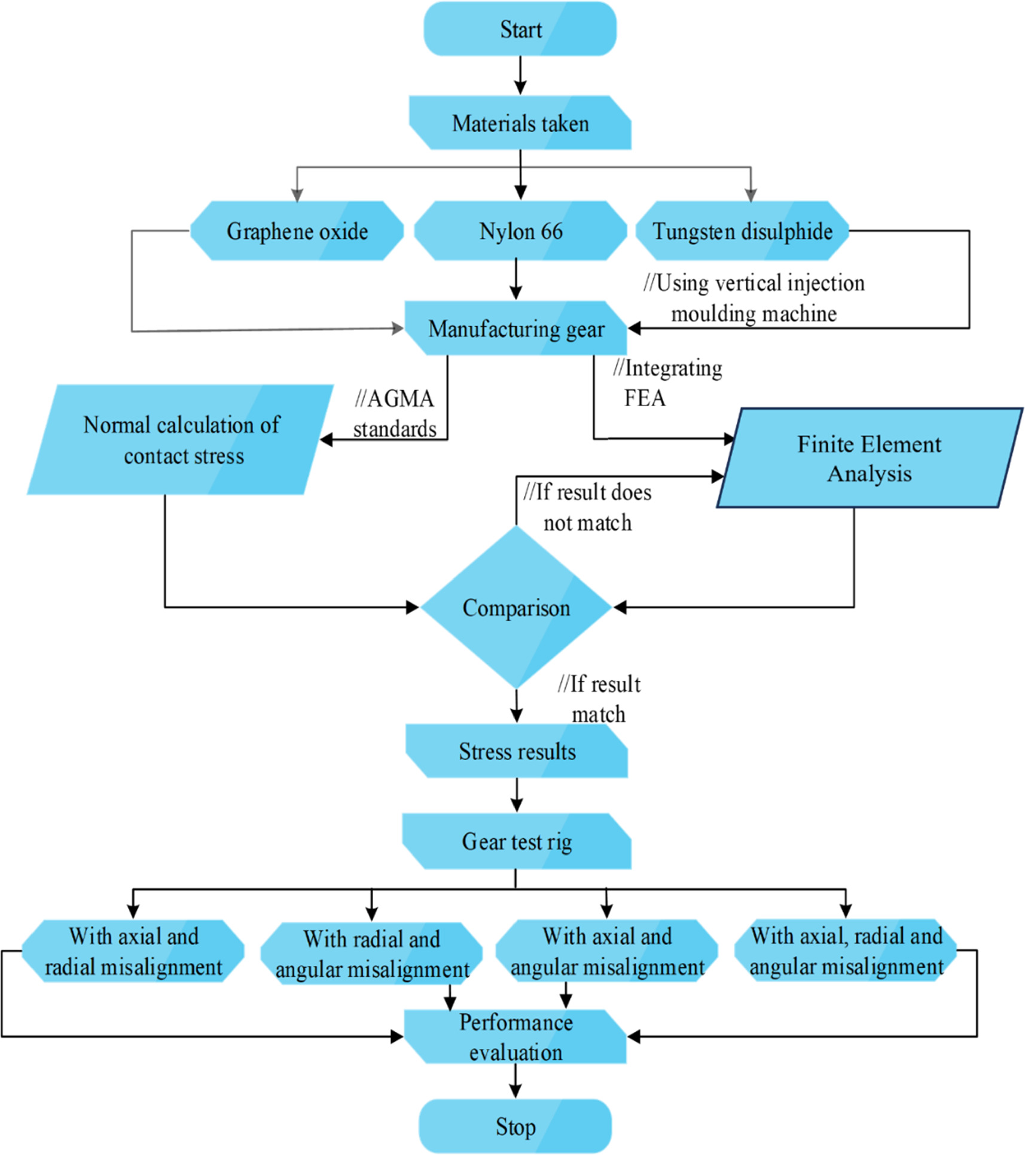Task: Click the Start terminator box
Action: coord(520,29)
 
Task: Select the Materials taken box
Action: coord(520,123)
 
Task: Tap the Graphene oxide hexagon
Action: coord(297,231)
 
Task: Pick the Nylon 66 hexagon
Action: coord(520,231)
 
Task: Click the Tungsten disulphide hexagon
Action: coord(742,231)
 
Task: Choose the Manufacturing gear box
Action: coord(515,328)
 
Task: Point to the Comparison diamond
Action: coord(515,607)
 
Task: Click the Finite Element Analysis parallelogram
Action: coord(869,458)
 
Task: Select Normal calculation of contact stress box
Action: coord(181,440)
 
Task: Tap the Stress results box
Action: coord(517,751)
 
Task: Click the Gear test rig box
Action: coord(517,841)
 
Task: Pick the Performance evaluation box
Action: coord(515,1037)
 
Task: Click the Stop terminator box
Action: coord(515,1127)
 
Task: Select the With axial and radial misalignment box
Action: coord(133,951)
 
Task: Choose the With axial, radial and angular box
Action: coord(846,950)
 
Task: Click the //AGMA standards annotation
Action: coord(395,414)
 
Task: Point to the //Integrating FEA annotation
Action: coord(667,383)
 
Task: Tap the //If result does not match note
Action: coord(587,507)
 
